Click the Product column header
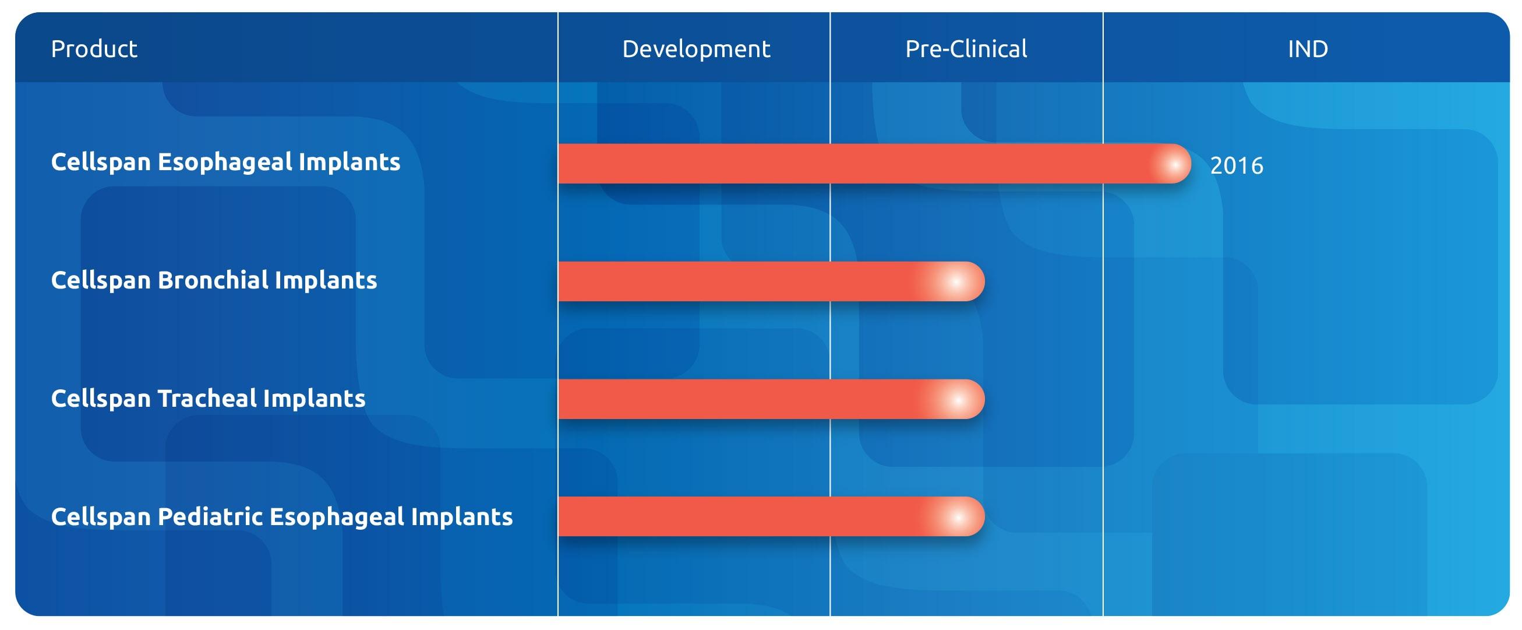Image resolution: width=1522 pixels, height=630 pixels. point(94,48)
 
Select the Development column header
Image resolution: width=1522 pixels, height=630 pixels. point(695,48)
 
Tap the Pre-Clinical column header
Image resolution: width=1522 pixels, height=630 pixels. point(965,48)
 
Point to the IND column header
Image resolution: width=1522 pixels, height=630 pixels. point(1307,48)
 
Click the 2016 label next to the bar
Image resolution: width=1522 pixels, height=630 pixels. point(1236,166)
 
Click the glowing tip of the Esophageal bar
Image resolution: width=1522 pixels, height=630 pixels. point(1174,164)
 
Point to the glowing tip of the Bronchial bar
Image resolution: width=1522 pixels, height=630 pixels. point(956,281)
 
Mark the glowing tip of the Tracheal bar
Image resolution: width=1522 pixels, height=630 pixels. point(958,400)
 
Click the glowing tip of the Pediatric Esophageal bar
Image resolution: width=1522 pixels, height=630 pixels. point(958,517)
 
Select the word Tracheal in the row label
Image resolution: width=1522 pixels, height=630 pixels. point(207,398)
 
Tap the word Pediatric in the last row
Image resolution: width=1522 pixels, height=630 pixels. point(210,516)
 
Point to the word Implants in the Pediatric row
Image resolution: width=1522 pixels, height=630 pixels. point(461,516)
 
